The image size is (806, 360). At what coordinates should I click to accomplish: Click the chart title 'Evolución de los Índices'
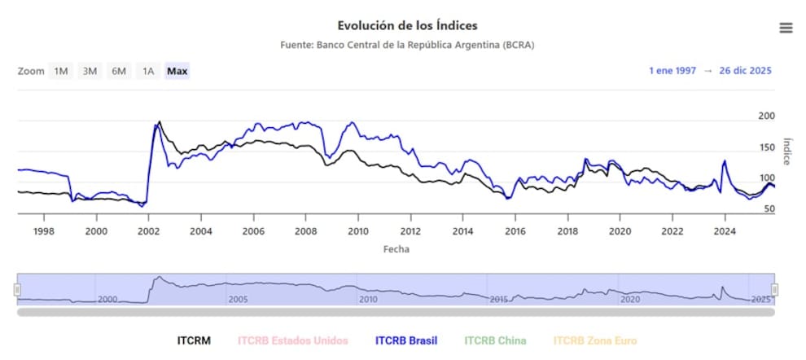(407, 26)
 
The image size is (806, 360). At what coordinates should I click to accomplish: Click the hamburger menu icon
(786, 28)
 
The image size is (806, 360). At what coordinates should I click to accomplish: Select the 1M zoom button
(61, 71)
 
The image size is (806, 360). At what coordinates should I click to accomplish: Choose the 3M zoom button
(90, 71)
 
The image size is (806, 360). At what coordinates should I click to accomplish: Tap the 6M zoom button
(119, 71)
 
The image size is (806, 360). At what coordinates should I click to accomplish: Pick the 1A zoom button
(147, 71)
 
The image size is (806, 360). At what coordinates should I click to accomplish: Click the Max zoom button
(177, 71)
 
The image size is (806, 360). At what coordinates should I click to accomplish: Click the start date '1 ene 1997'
(672, 71)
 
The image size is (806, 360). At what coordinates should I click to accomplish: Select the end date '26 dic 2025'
(745, 71)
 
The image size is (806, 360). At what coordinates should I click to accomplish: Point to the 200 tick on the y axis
(766, 116)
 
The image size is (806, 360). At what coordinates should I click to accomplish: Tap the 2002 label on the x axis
(149, 230)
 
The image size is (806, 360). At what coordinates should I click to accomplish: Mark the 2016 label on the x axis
(515, 230)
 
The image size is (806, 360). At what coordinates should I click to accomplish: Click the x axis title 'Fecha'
(396, 249)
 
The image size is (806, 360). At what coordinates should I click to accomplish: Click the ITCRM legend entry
(194, 340)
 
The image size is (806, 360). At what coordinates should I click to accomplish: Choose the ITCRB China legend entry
(495, 340)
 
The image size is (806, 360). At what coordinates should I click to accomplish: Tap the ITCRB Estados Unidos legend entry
(292, 340)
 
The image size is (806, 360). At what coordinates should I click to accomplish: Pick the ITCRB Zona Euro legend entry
(595, 340)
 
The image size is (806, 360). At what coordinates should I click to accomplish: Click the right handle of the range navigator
(775, 289)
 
